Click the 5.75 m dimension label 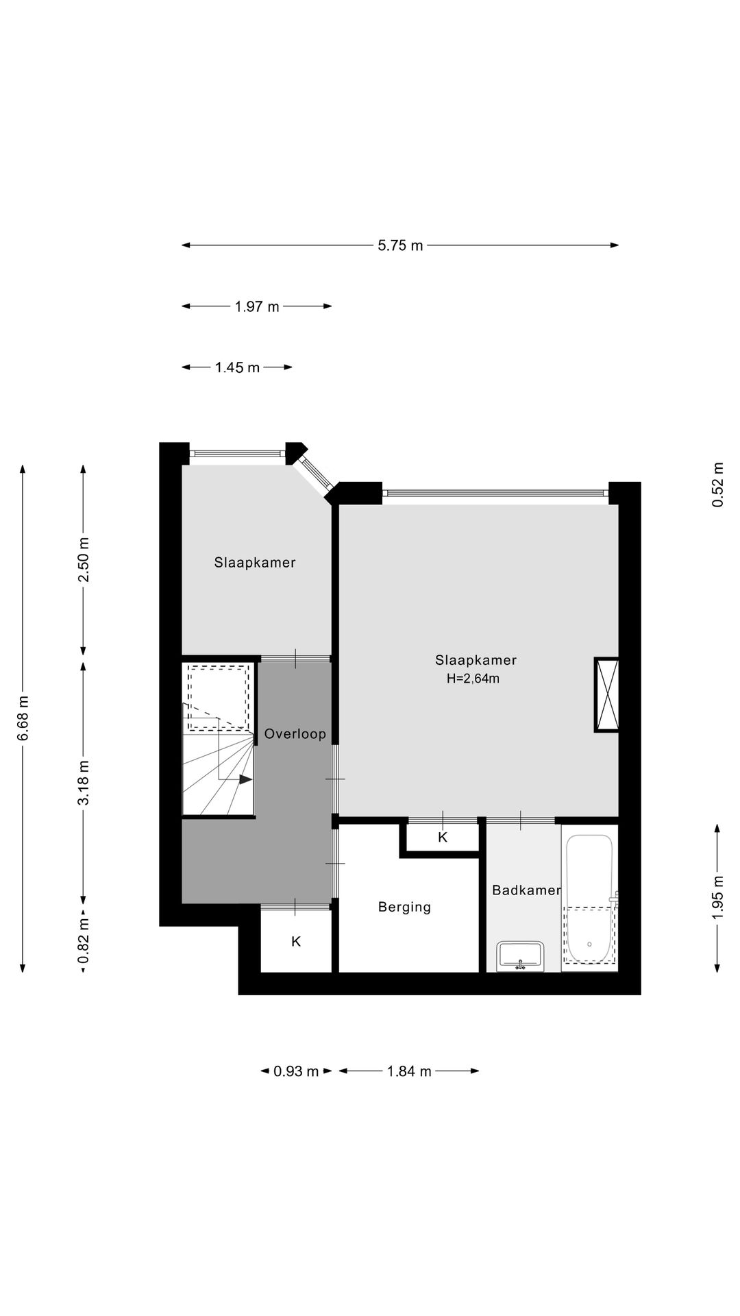pyautogui.click(x=400, y=245)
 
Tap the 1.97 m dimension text pyautogui.click(x=257, y=306)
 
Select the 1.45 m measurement pyautogui.click(x=237, y=367)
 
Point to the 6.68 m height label pyautogui.click(x=23, y=718)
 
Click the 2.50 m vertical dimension pyautogui.click(x=84, y=559)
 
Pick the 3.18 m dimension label pyautogui.click(x=84, y=783)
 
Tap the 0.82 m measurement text pyautogui.click(x=84, y=940)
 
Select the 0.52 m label pyautogui.click(x=717, y=485)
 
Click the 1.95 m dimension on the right pyautogui.click(x=717, y=899)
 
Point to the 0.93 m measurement pyautogui.click(x=296, y=1071)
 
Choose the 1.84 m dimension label pyautogui.click(x=409, y=1071)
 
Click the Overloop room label pyautogui.click(x=295, y=734)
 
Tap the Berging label pyautogui.click(x=404, y=907)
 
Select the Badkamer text pyautogui.click(x=526, y=890)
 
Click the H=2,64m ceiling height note pyautogui.click(x=473, y=679)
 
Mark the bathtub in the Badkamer pyautogui.click(x=589, y=899)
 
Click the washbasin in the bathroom pyautogui.click(x=521, y=956)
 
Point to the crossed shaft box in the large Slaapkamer pyautogui.click(x=607, y=695)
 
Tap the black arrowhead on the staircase pyautogui.click(x=246, y=779)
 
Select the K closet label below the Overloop pyautogui.click(x=296, y=942)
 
